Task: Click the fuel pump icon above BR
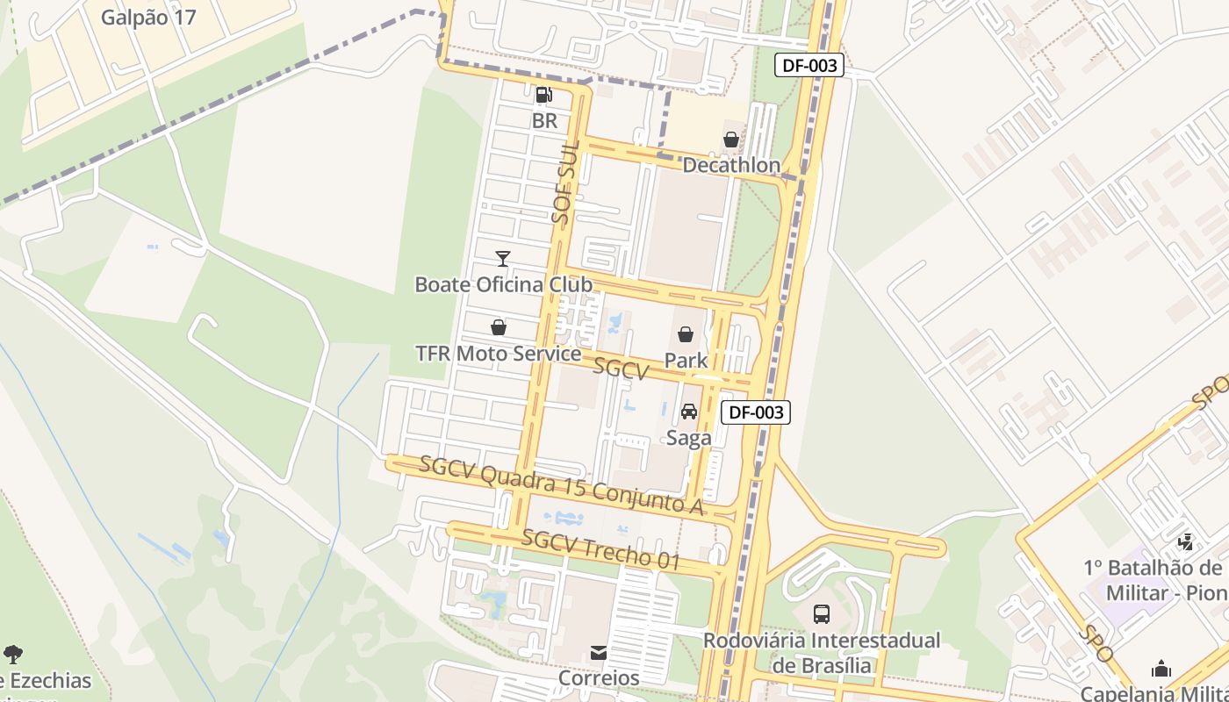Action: [x=544, y=94]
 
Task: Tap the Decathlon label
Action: [x=731, y=165]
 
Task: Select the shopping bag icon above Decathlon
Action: [x=731, y=139]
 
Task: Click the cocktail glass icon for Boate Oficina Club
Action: [x=503, y=258]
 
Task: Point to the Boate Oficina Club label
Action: [x=503, y=284]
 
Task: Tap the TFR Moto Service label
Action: [x=498, y=354]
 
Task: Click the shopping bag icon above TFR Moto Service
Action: [x=499, y=327]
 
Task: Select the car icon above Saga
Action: [x=689, y=411]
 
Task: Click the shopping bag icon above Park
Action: [x=686, y=334]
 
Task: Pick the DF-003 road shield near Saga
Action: [x=756, y=412]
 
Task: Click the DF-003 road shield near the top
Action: [x=809, y=65]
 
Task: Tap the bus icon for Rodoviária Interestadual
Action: [x=822, y=614]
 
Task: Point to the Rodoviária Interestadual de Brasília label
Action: [x=822, y=653]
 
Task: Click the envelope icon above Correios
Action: [x=599, y=652]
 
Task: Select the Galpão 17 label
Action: [x=148, y=18]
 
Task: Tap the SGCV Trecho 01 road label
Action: [x=601, y=550]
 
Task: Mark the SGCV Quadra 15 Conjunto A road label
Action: [x=562, y=485]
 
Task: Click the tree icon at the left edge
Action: [x=13, y=654]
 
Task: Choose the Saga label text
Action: [x=689, y=438]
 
